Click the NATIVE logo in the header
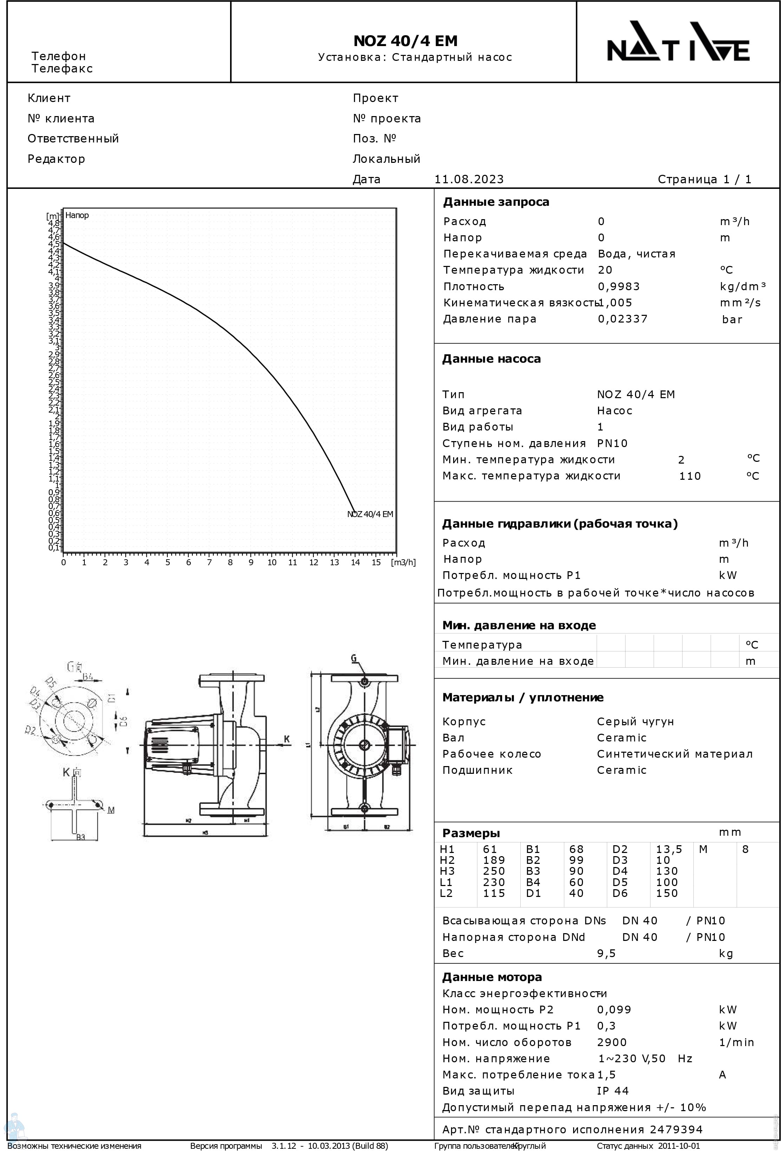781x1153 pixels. coord(678,42)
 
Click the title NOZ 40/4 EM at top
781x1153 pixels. coord(405,41)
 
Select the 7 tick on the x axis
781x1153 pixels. coord(209,562)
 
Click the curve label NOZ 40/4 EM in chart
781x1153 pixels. coord(370,514)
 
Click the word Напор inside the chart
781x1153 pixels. coord(77,215)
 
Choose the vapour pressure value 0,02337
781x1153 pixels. coord(622,319)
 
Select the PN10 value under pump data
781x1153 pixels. coord(612,443)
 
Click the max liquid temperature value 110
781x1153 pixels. coord(689,476)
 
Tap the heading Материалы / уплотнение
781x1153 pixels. coord(522,697)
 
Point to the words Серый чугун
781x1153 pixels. coord(635,721)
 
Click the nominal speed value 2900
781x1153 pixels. coord(611,1042)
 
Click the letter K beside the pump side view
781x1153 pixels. coord(286,739)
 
